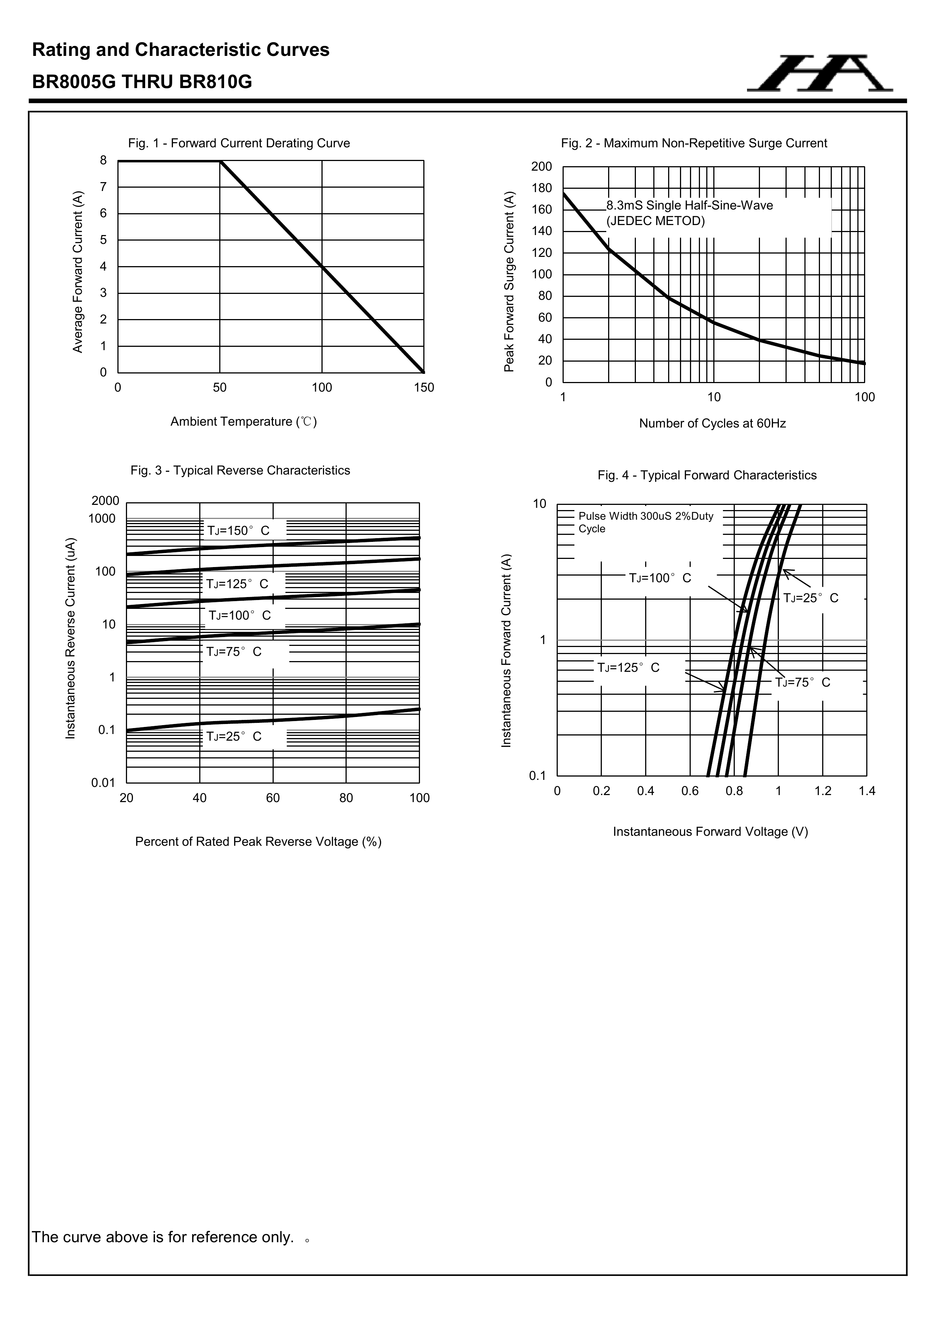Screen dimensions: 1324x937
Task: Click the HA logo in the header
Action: click(x=819, y=74)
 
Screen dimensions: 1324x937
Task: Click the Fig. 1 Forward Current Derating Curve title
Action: click(x=239, y=143)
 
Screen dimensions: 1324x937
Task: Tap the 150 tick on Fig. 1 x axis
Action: click(x=424, y=388)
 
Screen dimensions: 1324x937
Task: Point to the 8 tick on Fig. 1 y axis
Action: click(x=103, y=160)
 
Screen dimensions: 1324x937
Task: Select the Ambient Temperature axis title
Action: click(x=243, y=422)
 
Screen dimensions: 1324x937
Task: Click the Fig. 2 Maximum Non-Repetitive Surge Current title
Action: click(x=694, y=143)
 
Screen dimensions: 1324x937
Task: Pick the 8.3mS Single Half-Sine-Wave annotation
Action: click(x=690, y=206)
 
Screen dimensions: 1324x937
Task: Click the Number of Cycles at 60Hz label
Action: click(x=712, y=423)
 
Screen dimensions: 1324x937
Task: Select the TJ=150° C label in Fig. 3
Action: click(x=238, y=530)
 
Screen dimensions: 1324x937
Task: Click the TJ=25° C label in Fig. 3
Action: click(x=234, y=736)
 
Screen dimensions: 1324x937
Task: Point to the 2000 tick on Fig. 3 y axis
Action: click(x=105, y=500)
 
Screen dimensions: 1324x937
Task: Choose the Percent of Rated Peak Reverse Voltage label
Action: click(x=258, y=842)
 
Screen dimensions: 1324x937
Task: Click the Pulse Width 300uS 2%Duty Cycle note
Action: click(x=646, y=522)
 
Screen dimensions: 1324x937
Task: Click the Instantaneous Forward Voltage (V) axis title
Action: click(x=710, y=832)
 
